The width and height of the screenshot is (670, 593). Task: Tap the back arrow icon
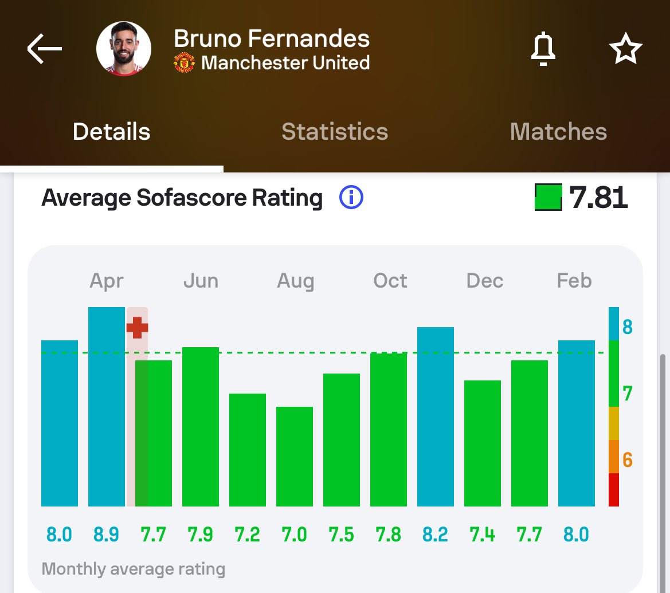coord(45,49)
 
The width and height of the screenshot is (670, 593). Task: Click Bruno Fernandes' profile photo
coord(124,49)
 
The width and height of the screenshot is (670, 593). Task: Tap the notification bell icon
coord(543,49)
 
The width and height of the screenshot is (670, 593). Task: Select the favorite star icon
coord(625,49)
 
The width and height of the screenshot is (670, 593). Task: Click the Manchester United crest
coord(184,63)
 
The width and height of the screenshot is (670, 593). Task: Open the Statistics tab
coord(335,132)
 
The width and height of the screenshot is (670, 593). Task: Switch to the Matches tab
coord(558,132)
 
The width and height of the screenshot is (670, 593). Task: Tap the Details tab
coord(112,132)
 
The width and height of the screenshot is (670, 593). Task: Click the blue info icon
coord(351,198)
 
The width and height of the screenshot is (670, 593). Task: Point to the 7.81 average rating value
coord(598,198)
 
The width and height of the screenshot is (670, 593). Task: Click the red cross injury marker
coord(137,328)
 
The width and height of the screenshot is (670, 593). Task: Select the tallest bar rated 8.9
coord(107,407)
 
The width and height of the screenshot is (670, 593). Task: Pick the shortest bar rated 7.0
coord(295,456)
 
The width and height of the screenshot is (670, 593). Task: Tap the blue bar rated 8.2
coord(436,417)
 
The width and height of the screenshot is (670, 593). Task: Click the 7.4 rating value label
coord(483,535)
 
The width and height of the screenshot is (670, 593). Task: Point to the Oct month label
coord(390,281)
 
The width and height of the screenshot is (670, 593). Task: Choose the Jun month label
coord(201,281)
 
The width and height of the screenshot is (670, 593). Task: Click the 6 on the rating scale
coord(627,460)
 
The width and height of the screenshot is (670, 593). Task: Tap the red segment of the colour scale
coord(614,490)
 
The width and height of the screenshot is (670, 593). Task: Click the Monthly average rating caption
coord(134,569)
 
